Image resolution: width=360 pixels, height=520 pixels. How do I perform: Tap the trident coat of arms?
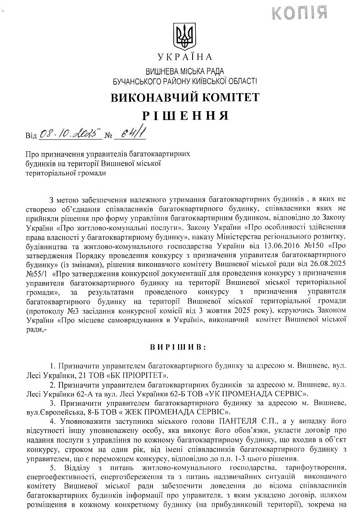coord(184,36)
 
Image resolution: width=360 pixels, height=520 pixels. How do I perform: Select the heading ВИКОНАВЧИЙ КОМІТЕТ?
coord(185,97)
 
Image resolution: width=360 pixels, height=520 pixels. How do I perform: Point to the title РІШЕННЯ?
coord(184,116)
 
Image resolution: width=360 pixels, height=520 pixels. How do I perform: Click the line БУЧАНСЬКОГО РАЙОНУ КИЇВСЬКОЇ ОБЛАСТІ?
coord(185,81)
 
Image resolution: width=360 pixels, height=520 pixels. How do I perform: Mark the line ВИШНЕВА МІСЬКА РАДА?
coord(185,71)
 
